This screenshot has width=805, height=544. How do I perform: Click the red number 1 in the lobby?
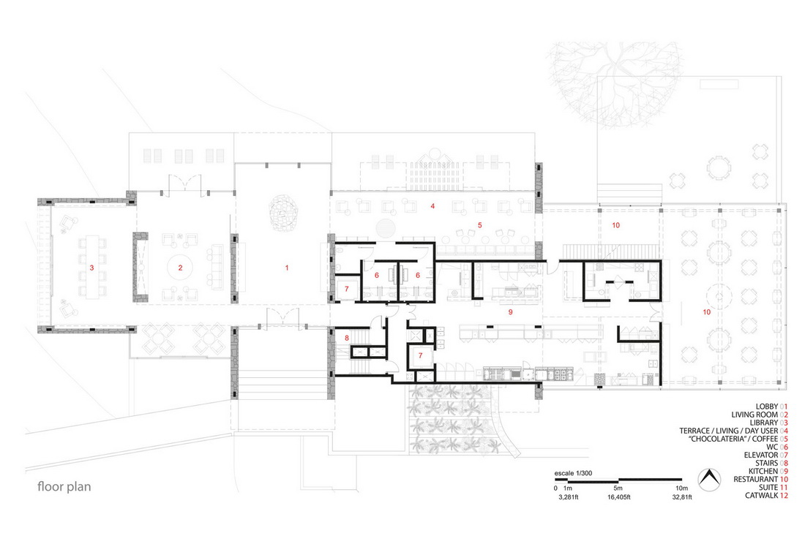(287, 268)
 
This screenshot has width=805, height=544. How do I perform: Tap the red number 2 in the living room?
(181, 268)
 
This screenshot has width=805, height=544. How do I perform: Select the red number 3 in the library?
(92, 268)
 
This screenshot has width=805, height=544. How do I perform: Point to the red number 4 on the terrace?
(433, 206)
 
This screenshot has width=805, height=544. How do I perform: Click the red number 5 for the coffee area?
(480, 225)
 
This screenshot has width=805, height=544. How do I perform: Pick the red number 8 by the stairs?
(347, 338)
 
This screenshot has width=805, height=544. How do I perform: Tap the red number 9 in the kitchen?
(510, 311)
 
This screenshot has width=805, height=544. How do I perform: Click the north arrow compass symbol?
(709, 480)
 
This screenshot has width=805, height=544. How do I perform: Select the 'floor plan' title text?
(64, 486)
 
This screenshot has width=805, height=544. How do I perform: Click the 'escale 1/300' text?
(573, 473)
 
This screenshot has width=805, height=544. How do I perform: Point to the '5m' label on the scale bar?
(618, 488)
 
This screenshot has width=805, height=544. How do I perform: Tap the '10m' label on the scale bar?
(681, 488)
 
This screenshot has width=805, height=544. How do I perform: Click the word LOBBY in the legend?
(766, 407)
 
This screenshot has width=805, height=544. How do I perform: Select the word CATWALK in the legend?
(761, 496)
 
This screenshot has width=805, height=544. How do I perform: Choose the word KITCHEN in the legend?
(763, 471)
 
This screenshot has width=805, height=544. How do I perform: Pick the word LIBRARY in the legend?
(764, 423)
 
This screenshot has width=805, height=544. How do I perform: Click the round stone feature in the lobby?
(283, 210)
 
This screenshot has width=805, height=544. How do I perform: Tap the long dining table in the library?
(92, 267)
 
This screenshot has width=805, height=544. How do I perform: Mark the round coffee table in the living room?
(181, 267)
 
